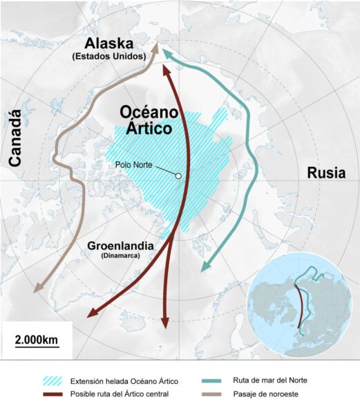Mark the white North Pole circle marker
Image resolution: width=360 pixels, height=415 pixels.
coord(178,176)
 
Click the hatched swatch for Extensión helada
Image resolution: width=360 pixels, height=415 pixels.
coord(55,380)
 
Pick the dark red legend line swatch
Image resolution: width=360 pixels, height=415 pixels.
coord(55,394)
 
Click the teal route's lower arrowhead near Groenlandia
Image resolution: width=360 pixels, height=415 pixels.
coord(203,269)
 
